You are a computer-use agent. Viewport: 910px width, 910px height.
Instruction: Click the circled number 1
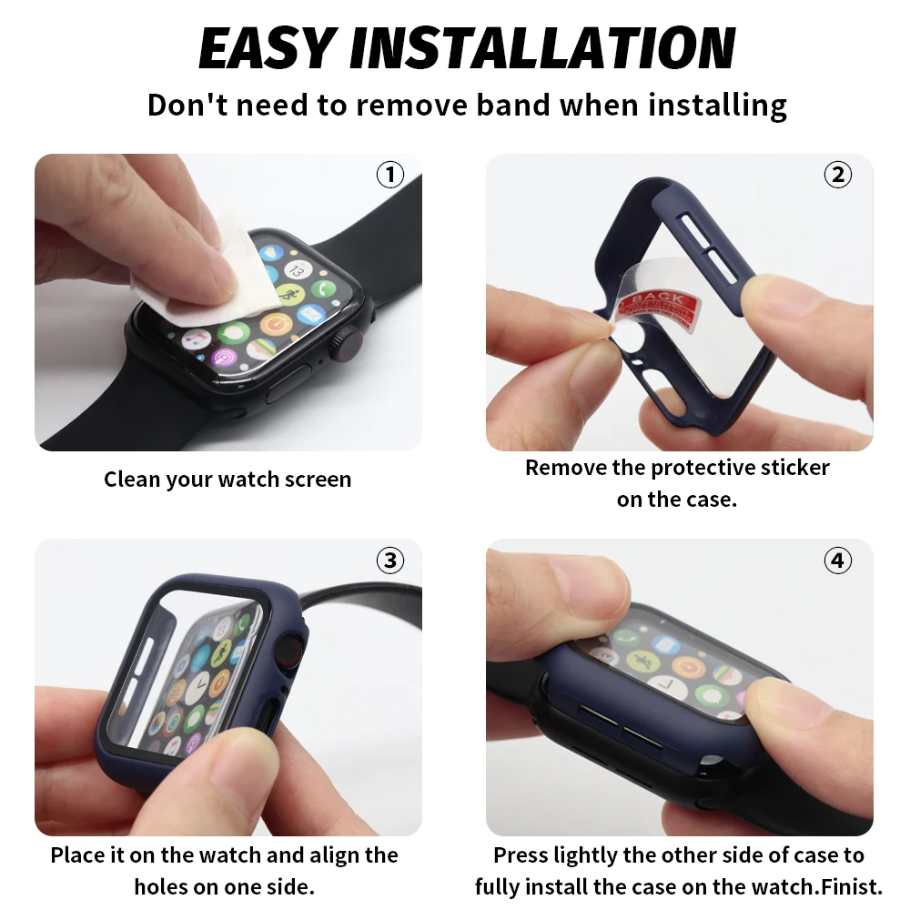(390, 174)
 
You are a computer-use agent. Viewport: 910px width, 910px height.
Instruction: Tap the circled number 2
(837, 174)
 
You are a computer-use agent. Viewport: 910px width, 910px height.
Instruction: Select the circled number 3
(390, 561)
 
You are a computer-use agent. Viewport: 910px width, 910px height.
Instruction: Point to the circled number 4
(837, 561)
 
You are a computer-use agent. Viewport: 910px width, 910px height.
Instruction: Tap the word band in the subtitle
(513, 105)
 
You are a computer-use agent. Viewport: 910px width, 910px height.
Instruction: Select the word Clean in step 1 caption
(131, 480)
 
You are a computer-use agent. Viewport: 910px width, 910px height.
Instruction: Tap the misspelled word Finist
(852, 886)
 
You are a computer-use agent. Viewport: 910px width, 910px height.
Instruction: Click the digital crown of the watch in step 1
(347, 343)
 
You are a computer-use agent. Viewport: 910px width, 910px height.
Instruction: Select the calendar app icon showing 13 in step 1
(298, 270)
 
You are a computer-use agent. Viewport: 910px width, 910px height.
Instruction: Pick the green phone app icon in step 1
(323, 288)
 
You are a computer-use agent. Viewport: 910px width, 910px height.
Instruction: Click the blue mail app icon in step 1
(310, 314)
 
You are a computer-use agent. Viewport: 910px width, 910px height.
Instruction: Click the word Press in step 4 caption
(521, 855)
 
